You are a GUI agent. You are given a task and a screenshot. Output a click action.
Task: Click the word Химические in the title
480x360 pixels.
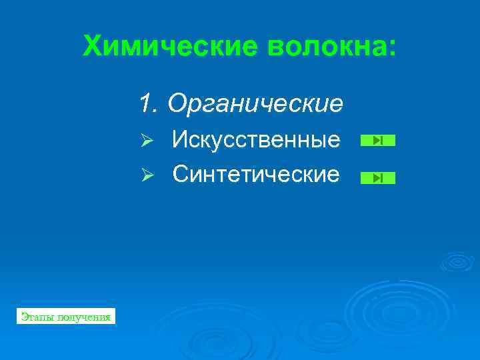(x=169, y=47)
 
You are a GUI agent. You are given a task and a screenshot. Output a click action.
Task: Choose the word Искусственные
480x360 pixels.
(x=256, y=140)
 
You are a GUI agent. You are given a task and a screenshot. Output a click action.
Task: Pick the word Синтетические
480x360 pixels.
(x=256, y=175)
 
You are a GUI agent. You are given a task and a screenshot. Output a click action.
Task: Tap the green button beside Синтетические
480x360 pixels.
(x=377, y=178)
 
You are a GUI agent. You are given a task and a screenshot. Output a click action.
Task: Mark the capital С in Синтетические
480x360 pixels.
(x=181, y=175)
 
